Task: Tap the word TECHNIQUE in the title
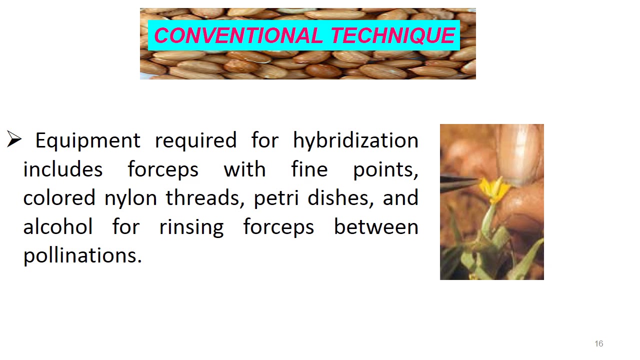pos(392,35)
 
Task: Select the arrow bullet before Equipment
pos(14,140)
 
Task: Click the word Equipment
pos(87,140)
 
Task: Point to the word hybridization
pos(355,140)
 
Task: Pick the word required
pos(195,140)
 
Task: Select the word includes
pos(63,169)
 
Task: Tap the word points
pos(385,169)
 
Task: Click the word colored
pos(59,198)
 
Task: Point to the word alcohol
pos(58,227)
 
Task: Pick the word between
pos(376,227)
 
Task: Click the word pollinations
pos(82,255)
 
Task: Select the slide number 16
pos(598,343)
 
